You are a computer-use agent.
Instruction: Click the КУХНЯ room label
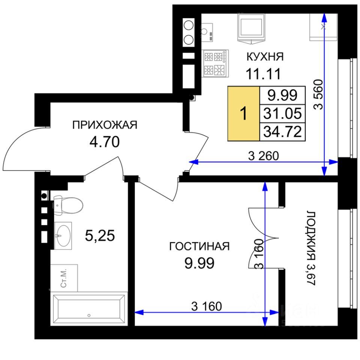click(x=265, y=57)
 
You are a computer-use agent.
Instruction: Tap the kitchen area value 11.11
click(x=263, y=74)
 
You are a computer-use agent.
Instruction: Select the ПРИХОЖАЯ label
click(x=105, y=125)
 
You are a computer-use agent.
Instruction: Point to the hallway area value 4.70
click(x=105, y=142)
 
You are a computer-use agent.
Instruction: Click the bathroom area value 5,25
click(x=100, y=235)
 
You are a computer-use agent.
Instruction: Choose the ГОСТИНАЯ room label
click(x=199, y=246)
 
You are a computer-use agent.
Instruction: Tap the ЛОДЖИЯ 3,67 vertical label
click(x=311, y=248)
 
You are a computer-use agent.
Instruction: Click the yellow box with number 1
click(x=244, y=113)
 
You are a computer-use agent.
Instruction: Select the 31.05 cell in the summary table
click(x=282, y=113)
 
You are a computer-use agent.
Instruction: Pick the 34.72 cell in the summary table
click(x=282, y=132)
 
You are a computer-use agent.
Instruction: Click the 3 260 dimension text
click(x=263, y=156)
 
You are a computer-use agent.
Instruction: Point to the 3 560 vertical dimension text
click(x=318, y=94)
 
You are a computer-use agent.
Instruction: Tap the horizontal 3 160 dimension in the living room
click(x=206, y=306)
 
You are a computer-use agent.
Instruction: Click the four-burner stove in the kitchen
click(x=215, y=63)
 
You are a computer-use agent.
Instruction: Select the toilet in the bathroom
click(x=68, y=205)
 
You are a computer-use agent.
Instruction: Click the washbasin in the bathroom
click(x=63, y=235)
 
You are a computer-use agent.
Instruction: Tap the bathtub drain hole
click(x=89, y=315)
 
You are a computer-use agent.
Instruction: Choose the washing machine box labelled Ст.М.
click(x=64, y=278)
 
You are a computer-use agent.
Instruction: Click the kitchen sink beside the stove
click(x=207, y=32)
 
